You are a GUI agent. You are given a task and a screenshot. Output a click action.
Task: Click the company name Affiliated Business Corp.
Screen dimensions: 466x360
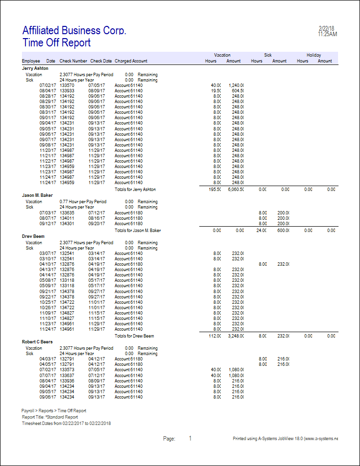tap(74, 30)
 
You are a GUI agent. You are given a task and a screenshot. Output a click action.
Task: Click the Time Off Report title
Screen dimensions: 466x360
tap(56, 42)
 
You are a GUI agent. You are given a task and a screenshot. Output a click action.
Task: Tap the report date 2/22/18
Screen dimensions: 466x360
tap(326, 29)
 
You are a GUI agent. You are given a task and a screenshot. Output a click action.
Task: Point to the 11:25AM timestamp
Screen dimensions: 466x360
tap(327, 34)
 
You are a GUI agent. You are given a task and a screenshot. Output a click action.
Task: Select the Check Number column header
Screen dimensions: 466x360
tap(73, 61)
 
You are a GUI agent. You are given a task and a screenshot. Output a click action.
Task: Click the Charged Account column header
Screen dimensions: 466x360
tap(131, 61)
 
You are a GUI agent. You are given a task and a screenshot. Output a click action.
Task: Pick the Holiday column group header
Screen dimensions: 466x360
tap(314, 55)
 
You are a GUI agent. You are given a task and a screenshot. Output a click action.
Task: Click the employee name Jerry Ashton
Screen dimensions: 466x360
tap(35, 68)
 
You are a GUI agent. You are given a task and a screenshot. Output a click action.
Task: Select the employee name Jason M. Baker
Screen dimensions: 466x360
tap(37, 195)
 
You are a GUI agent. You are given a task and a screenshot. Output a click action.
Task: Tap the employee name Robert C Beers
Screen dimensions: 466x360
tap(37, 342)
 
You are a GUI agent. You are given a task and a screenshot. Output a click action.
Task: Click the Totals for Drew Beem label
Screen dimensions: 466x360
tap(134, 336)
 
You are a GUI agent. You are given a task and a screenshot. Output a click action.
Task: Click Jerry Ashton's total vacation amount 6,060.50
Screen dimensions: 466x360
tap(235, 189)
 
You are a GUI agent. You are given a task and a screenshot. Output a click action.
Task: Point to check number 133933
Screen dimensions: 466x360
tap(67, 91)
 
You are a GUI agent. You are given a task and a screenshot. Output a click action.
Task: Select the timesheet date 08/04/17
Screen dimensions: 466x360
tap(47, 91)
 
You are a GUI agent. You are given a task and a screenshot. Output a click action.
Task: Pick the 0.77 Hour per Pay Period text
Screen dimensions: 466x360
tap(86, 201)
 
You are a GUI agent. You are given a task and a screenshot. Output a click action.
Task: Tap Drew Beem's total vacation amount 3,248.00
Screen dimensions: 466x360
tap(235, 336)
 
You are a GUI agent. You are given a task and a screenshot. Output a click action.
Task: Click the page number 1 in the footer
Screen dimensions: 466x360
tap(190, 439)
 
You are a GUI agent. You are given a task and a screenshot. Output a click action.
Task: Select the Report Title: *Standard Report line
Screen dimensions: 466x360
tap(50, 417)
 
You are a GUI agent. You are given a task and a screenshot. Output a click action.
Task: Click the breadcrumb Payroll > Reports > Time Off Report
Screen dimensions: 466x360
tap(54, 411)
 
